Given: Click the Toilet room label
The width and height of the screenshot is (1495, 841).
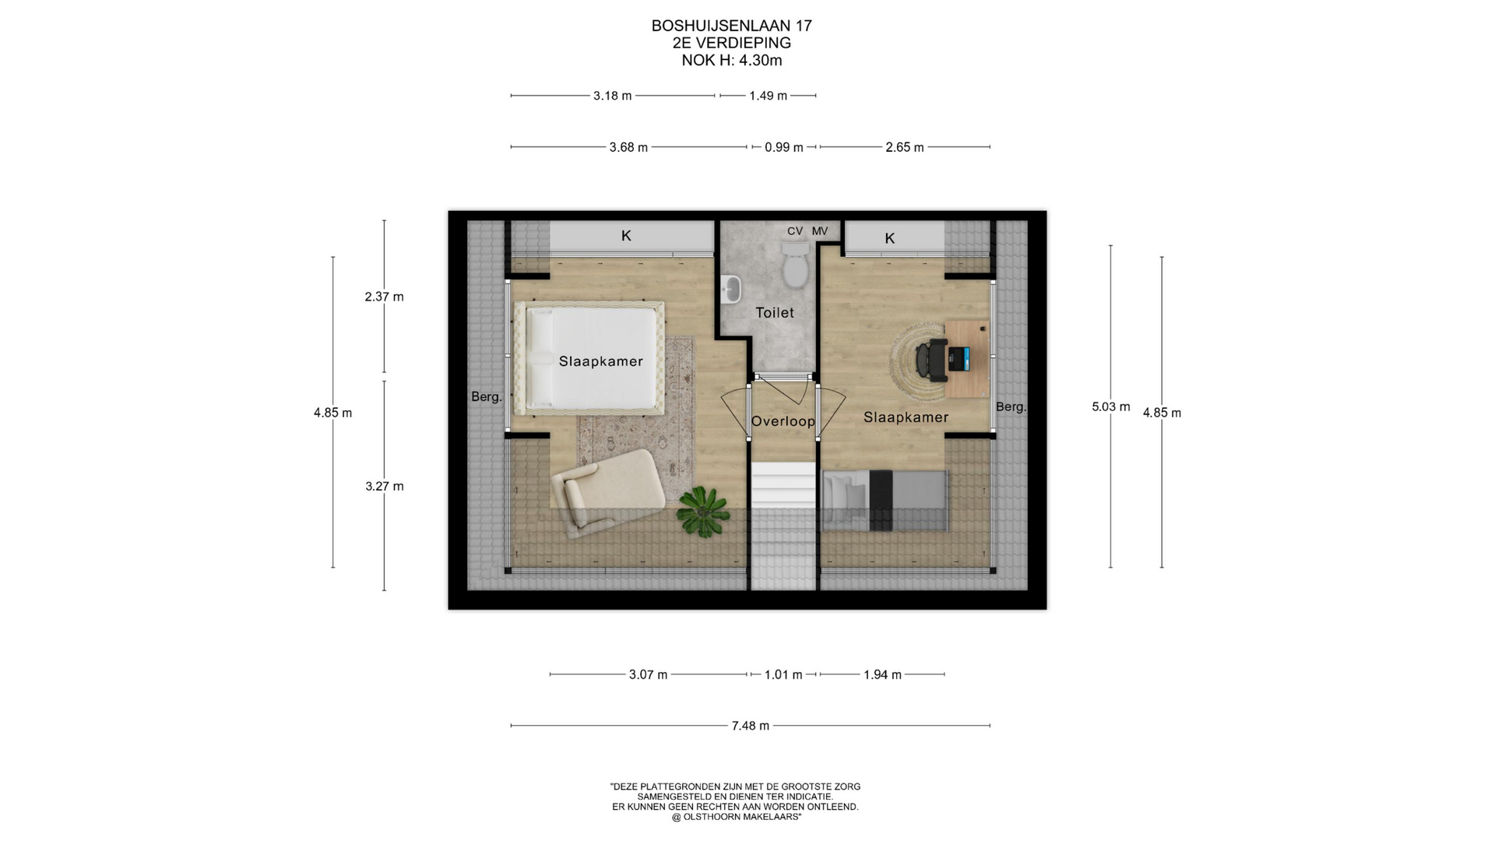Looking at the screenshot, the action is tap(775, 312).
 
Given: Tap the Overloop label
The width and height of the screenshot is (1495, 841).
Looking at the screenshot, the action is tap(783, 421).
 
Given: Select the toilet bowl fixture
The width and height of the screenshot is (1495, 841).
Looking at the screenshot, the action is tap(796, 264).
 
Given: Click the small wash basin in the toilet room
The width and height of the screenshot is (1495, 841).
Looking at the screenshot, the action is tap(731, 289).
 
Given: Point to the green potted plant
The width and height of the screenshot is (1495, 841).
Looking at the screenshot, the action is tap(704, 512).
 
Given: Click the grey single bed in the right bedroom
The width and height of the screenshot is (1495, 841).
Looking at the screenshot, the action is tap(885, 501).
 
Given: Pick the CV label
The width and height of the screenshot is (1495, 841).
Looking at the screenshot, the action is tap(795, 231).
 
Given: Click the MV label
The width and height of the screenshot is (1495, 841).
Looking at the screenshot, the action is tap(820, 231).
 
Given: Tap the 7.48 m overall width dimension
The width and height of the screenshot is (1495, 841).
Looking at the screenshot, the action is tap(750, 726).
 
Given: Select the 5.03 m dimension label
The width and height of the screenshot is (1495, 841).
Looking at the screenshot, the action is tap(1110, 406).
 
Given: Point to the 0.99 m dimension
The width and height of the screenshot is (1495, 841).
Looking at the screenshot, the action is tap(783, 147).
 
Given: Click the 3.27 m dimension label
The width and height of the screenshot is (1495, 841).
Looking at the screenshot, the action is tap(385, 487).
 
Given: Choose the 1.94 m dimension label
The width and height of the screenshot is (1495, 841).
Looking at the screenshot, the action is tap(882, 674).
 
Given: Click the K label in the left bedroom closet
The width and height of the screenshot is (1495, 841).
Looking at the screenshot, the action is tap(626, 236).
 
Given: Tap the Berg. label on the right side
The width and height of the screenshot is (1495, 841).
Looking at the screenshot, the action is tap(1011, 406).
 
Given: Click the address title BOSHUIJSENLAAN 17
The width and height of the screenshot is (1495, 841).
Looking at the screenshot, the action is tap(732, 26).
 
